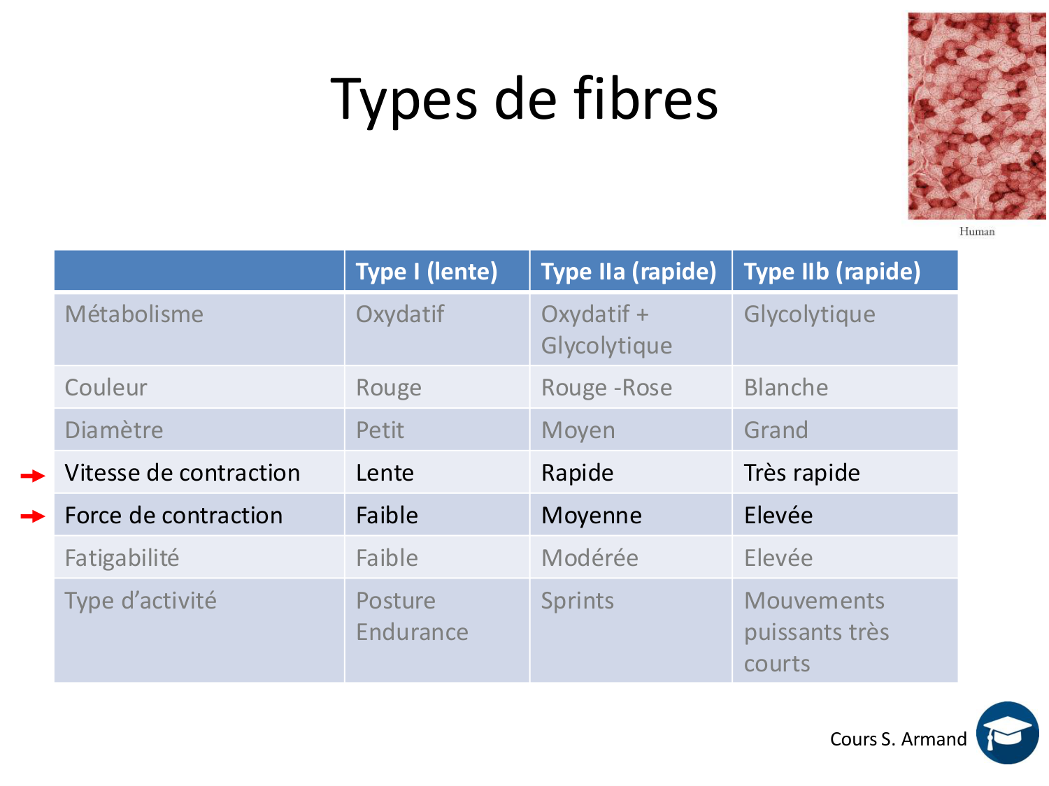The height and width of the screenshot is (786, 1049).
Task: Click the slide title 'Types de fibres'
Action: pyautogui.click(x=524, y=100)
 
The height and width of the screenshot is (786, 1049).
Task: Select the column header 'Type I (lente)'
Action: pyautogui.click(x=427, y=272)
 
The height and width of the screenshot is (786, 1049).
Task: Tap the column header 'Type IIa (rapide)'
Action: pyautogui.click(x=629, y=272)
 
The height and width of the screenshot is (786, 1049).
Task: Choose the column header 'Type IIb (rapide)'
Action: pyautogui.click(x=832, y=272)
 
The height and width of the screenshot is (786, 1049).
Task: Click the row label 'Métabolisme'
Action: pyautogui.click(x=134, y=314)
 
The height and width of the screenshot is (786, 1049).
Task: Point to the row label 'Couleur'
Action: pyautogui.click(x=106, y=388)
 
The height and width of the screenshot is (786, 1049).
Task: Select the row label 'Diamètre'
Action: pyautogui.click(x=114, y=430)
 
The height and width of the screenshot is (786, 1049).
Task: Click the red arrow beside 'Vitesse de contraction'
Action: pyautogui.click(x=33, y=475)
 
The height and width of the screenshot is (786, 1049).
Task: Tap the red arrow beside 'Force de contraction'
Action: pyautogui.click(x=33, y=516)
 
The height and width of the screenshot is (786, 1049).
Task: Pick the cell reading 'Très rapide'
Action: pyautogui.click(x=802, y=473)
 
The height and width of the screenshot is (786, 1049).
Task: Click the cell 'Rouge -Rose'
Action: pyautogui.click(x=606, y=388)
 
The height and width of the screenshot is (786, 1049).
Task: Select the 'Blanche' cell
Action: pyautogui.click(x=786, y=388)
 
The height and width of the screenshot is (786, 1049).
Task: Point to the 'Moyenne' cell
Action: pyautogui.click(x=592, y=516)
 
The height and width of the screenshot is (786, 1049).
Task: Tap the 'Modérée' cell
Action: pyautogui.click(x=590, y=558)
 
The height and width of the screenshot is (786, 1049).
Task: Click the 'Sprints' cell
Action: pyautogui.click(x=578, y=601)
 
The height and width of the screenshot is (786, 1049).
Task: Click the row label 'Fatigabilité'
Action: pyautogui.click(x=122, y=558)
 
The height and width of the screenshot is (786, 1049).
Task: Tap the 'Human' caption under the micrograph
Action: pyautogui.click(x=977, y=231)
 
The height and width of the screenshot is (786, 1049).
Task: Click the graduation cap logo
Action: pyautogui.click(x=1008, y=733)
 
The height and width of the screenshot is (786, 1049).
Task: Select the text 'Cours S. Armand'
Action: pyautogui.click(x=898, y=739)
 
